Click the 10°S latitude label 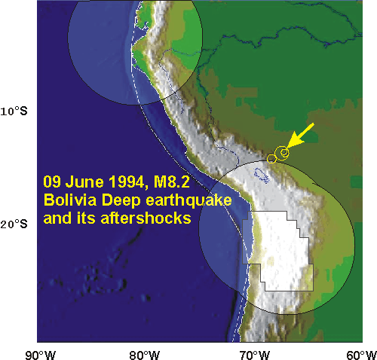coord(14,111)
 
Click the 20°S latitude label coord(14,224)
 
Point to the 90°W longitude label coord(40,355)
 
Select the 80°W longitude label coord(145,355)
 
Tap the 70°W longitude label coord(254,355)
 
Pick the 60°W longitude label coord(361,355)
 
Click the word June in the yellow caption coord(84,182)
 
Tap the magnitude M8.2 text coord(172,182)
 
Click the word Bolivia coord(70,200)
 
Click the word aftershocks coord(146,218)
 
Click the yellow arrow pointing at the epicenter coord(300,136)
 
